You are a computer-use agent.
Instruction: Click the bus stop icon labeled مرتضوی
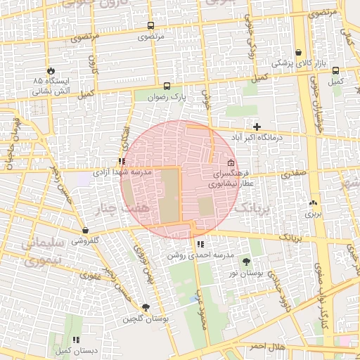[x=150, y=25]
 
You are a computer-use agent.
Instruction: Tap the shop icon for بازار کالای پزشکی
[x=299, y=53]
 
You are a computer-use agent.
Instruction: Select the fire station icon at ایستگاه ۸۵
[x=51, y=71]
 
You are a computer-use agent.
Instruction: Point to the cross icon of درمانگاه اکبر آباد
[x=257, y=127]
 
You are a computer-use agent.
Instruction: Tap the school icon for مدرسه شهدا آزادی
[x=122, y=161]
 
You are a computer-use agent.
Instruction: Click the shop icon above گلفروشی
[x=85, y=230]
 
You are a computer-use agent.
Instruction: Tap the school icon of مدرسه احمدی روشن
[x=200, y=245]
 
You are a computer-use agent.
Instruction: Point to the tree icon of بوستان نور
[x=245, y=261]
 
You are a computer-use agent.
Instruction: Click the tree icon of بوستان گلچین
[x=146, y=307]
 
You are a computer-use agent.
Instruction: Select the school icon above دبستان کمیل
[x=76, y=339]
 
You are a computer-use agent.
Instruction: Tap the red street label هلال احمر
[x=268, y=347]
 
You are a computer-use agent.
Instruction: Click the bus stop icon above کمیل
[x=336, y=71]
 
